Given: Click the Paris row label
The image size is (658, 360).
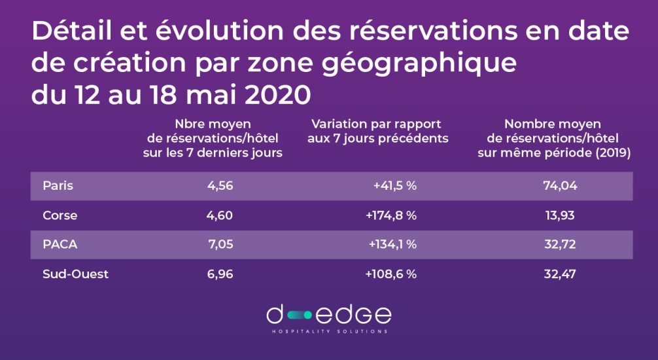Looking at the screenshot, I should [x=58, y=185].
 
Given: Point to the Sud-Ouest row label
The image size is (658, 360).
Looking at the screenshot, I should [x=75, y=274].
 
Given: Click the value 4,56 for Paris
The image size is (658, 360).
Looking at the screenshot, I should [x=220, y=185].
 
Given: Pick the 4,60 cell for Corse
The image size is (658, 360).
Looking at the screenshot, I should [x=220, y=215].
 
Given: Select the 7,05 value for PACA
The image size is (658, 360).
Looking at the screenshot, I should [x=220, y=245].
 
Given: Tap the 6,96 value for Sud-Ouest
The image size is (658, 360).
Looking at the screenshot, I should [x=220, y=274].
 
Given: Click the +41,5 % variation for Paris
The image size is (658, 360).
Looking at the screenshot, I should [x=395, y=185].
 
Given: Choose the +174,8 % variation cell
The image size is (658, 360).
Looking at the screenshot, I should [x=391, y=215].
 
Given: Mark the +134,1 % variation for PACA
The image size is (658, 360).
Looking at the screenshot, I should [x=392, y=245].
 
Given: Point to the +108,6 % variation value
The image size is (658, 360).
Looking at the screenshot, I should [x=391, y=274].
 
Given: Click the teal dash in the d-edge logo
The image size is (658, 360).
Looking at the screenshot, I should [x=299, y=315].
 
